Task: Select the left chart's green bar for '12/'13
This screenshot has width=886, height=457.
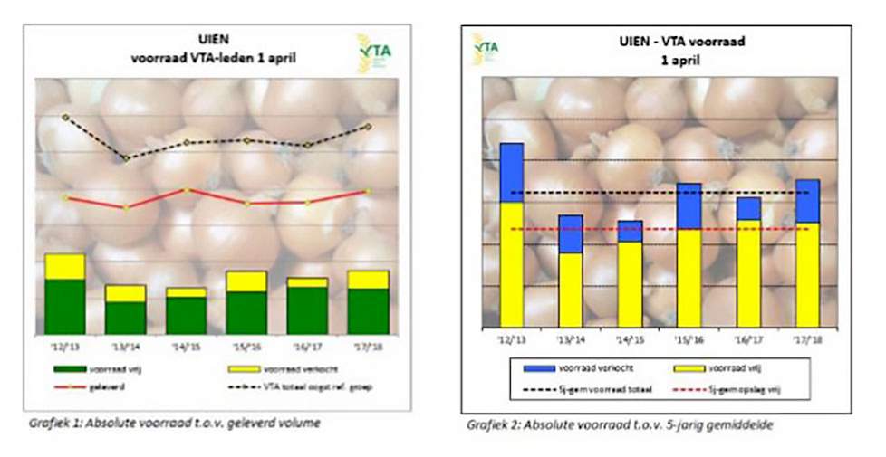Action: click(64, 306)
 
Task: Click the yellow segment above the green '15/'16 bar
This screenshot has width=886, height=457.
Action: click(246, 281)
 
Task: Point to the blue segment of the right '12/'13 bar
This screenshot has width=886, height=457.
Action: click(511, 172)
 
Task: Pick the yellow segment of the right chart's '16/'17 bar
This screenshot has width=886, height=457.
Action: click(748, 273)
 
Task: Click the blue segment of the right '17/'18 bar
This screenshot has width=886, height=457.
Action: click(806, 201)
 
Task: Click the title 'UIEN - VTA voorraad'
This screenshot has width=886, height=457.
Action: click(659, 42)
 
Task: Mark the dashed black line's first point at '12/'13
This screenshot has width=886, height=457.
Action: click(65, 117)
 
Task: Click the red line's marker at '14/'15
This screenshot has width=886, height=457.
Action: click(186, 190)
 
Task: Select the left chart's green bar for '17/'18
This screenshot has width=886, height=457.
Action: click(368, 311)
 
